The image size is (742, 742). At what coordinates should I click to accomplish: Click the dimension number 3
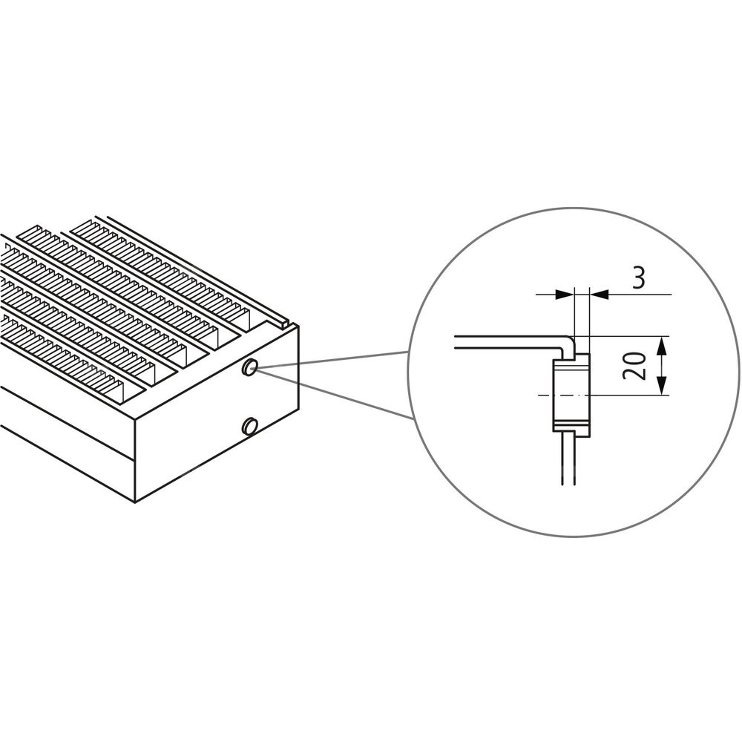point(638,278)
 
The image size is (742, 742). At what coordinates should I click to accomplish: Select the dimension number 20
point(634,365)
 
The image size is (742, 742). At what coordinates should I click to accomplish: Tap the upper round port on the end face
point(249,367)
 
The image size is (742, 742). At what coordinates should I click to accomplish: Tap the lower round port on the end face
point(249,427)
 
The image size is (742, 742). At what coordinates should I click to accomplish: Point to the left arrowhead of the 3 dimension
point(564,295)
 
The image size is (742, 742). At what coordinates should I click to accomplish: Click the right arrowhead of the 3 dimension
point(599,295)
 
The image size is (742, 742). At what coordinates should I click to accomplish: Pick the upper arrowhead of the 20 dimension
point(662,346)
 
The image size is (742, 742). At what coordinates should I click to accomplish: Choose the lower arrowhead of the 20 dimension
point(662,385)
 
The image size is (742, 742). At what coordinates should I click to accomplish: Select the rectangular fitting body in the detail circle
point(571,393)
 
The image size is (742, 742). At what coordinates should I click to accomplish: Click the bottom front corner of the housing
point(136,502)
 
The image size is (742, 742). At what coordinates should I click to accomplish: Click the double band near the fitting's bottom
point(571,423)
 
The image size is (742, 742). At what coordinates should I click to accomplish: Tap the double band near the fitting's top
point(571,368)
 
